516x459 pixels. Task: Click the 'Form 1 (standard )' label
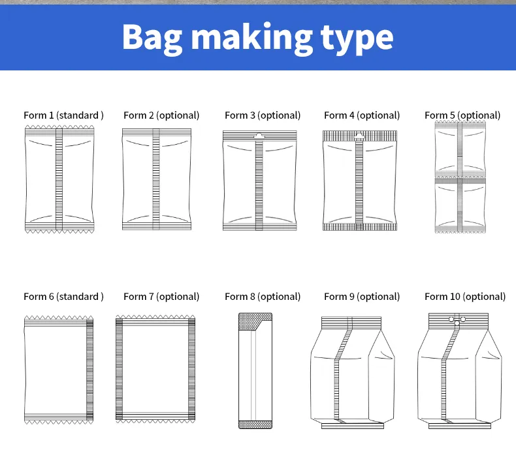tap(63, 115)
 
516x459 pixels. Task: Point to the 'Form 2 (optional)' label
tap(161, 115)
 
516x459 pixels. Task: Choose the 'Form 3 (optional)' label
tap(263, 115)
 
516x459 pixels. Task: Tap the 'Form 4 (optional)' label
tap(362, 115)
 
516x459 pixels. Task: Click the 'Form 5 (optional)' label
tap(462, 115)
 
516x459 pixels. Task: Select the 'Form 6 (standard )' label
tap(63, 297)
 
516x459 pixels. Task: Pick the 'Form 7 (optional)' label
tap(161, 297)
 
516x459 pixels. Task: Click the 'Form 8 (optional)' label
tap(263, 297)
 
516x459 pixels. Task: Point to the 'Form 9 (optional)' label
tap(362, 297)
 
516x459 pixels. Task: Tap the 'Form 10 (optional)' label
tap(465, 297)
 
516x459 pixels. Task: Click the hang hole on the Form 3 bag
tap(259, 136)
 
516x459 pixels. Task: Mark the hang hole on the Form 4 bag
tap(359, 136)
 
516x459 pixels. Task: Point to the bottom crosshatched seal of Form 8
tap(255, 424)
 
